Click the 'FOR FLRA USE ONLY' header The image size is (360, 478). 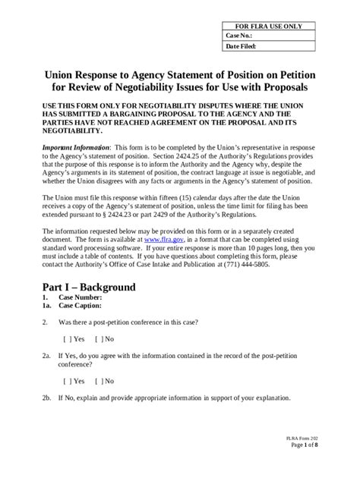271,26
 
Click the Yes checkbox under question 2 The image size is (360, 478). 74,338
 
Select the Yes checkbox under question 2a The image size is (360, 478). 74,381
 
